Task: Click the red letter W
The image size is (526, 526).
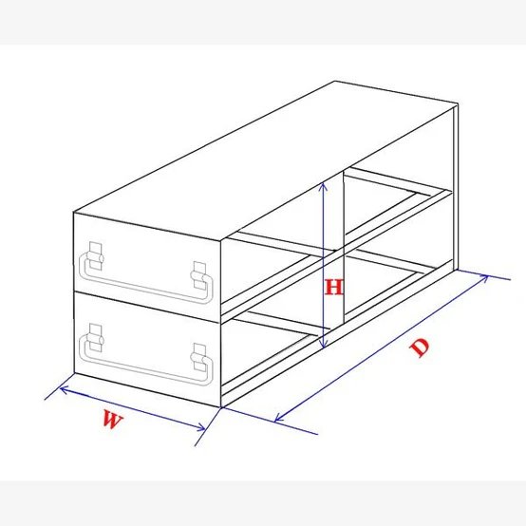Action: click(112, 422)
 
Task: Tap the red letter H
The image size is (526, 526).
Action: click(332, 287)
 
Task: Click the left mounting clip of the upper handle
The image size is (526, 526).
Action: click(94, 256)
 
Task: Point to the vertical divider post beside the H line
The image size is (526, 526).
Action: click(342, 256)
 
